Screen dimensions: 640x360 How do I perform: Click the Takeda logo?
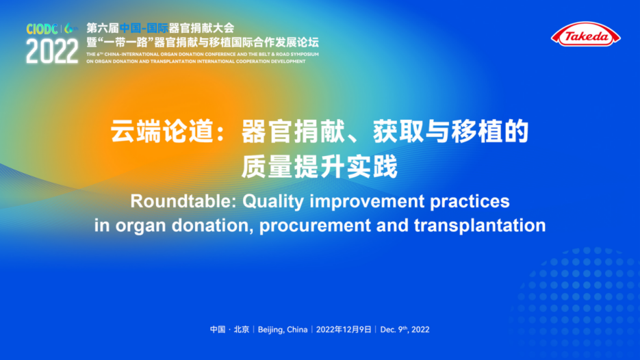(x=586, y=34)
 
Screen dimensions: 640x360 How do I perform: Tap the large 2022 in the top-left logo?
(x=52, y=51)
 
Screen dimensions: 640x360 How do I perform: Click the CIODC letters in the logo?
(x=42, y=29)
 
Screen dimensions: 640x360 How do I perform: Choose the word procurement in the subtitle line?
(x=315, y=226)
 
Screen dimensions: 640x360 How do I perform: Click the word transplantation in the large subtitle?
(x=480, y=225)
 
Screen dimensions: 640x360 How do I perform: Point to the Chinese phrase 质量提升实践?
(x=320, y=167)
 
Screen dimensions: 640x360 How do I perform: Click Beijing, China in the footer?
(x=283, y=330)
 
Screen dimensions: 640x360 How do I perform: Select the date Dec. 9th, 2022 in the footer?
(x=405, y=329)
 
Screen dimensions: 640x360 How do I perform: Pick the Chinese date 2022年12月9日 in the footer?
(x=344, y=329)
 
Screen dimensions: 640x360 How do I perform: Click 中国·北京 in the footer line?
(x=229, y=329)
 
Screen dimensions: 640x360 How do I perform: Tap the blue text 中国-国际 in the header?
(x=144, y=28)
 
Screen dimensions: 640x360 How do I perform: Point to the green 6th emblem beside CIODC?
(x=71, y=29)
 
